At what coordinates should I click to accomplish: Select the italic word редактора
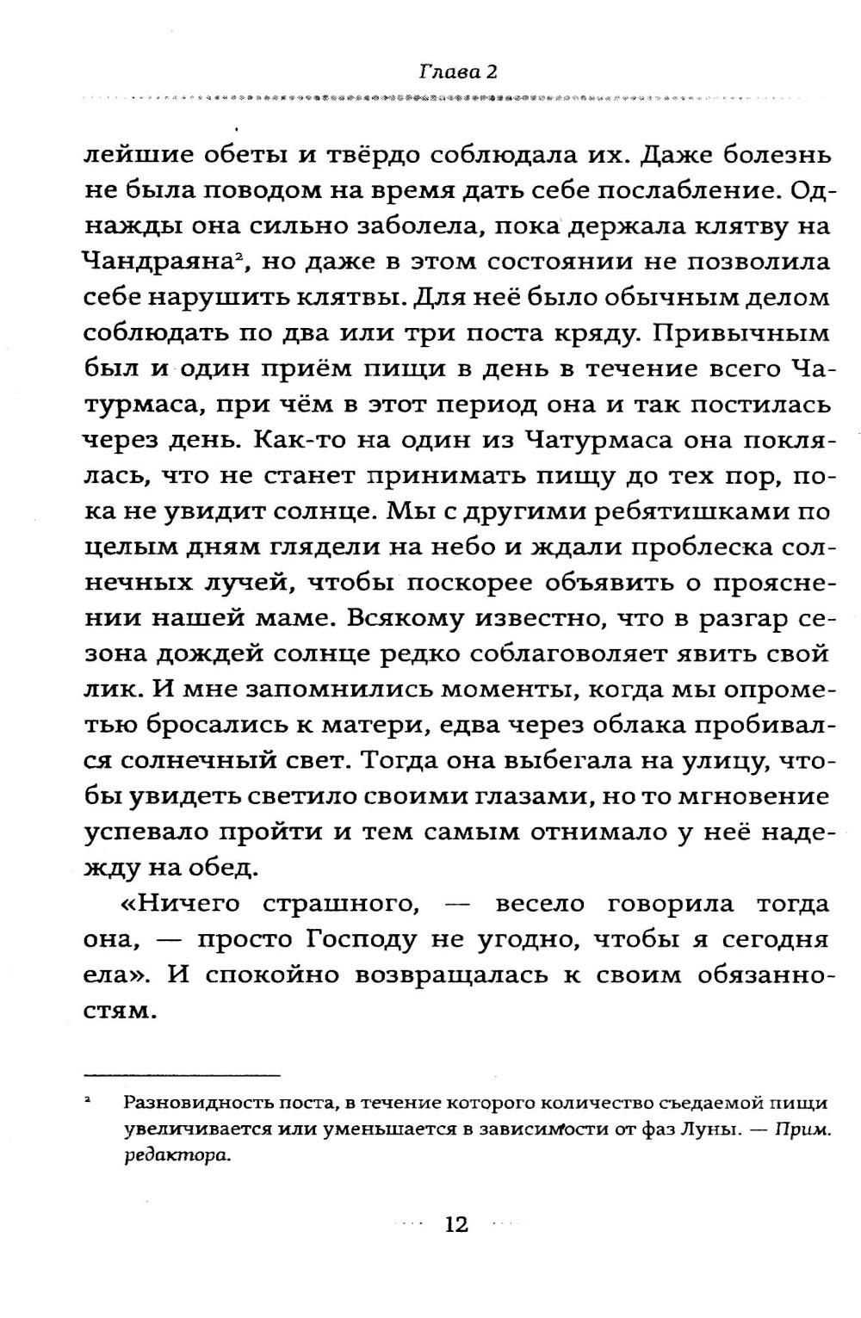click(165, 1157)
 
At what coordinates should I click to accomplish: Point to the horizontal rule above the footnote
click(182, 1075)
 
